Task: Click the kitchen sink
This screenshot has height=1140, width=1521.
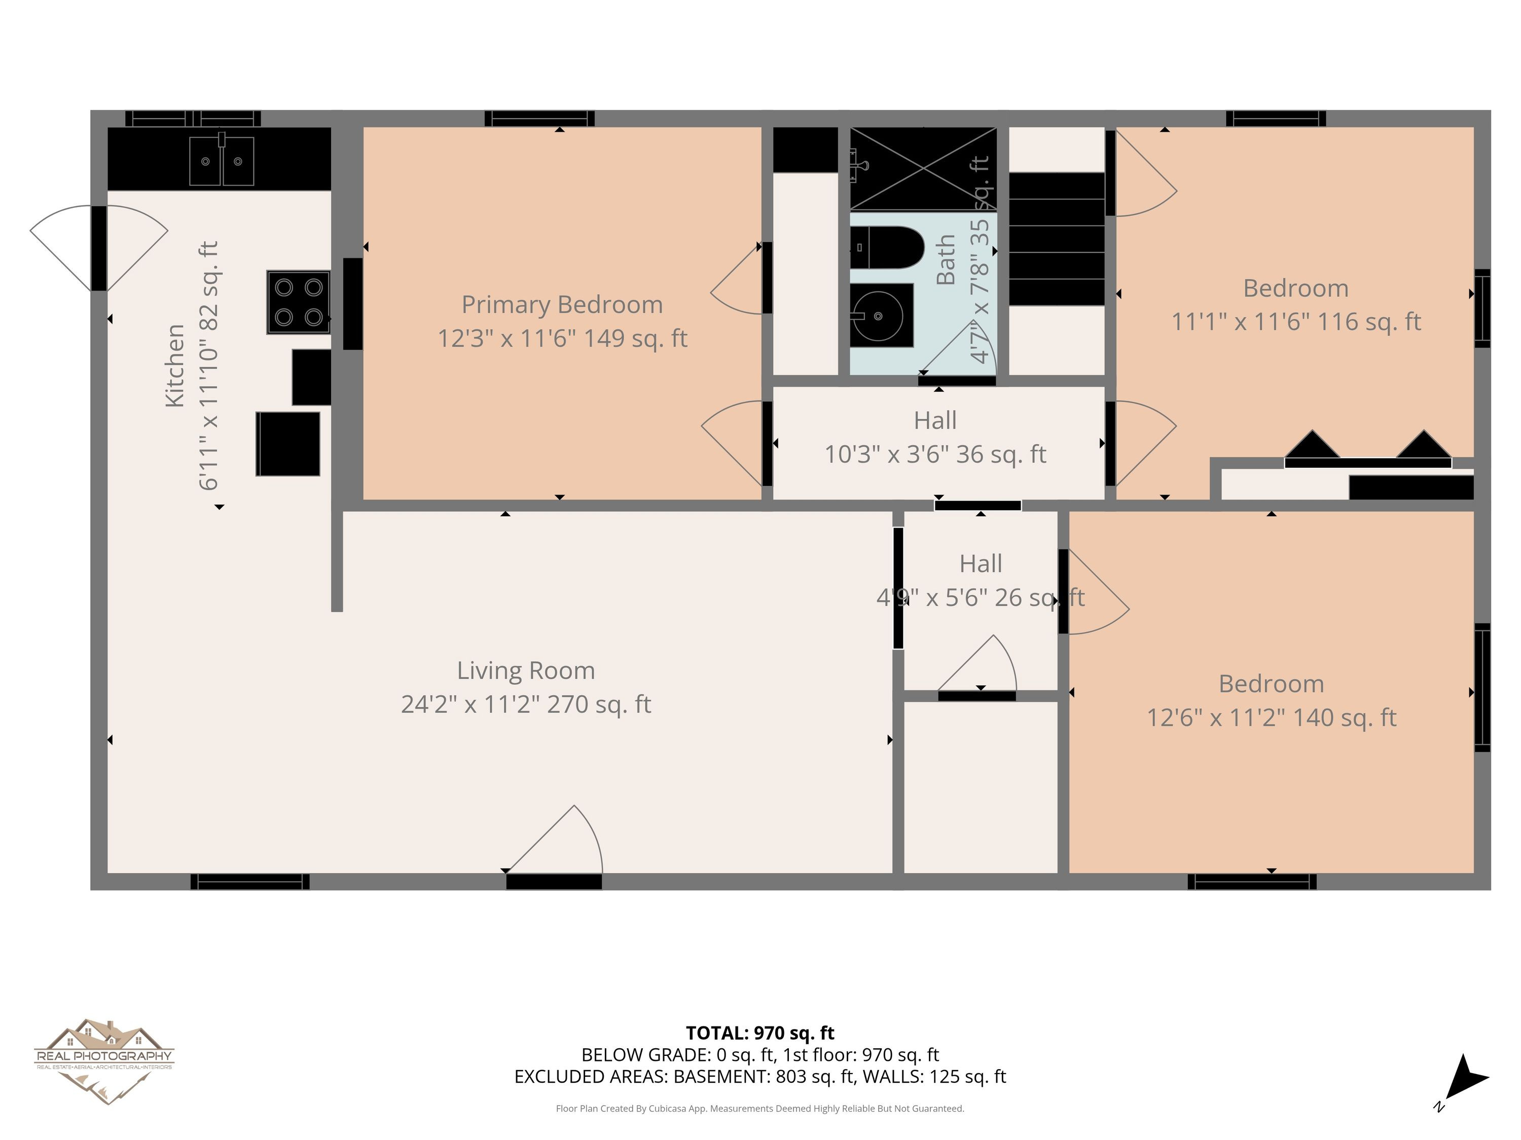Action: click(222, 160)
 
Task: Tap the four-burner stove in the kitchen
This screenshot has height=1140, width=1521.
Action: click(299, 302)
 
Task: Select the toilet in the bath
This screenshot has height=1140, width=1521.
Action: click(887, 247)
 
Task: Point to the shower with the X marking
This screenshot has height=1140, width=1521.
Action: click(923, 168)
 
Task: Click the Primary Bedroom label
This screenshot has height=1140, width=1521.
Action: click(562, 305)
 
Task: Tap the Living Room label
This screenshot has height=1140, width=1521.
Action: click(526, 670)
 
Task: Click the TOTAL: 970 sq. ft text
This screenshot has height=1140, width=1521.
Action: click(760, 1033)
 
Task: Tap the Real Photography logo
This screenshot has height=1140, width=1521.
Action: click(104, 1061)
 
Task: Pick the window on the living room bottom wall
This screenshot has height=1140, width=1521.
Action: click(249, 882)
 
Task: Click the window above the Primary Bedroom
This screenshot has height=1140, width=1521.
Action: click(540, 118)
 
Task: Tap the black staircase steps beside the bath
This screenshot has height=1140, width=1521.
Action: click(1057, 239)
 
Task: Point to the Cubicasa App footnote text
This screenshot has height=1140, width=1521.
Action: click(760, 1109)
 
